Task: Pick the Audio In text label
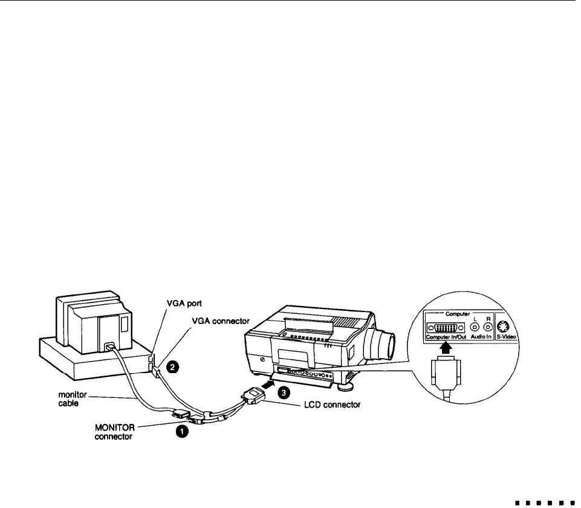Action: pyautogui.click(x=481, y=337)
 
